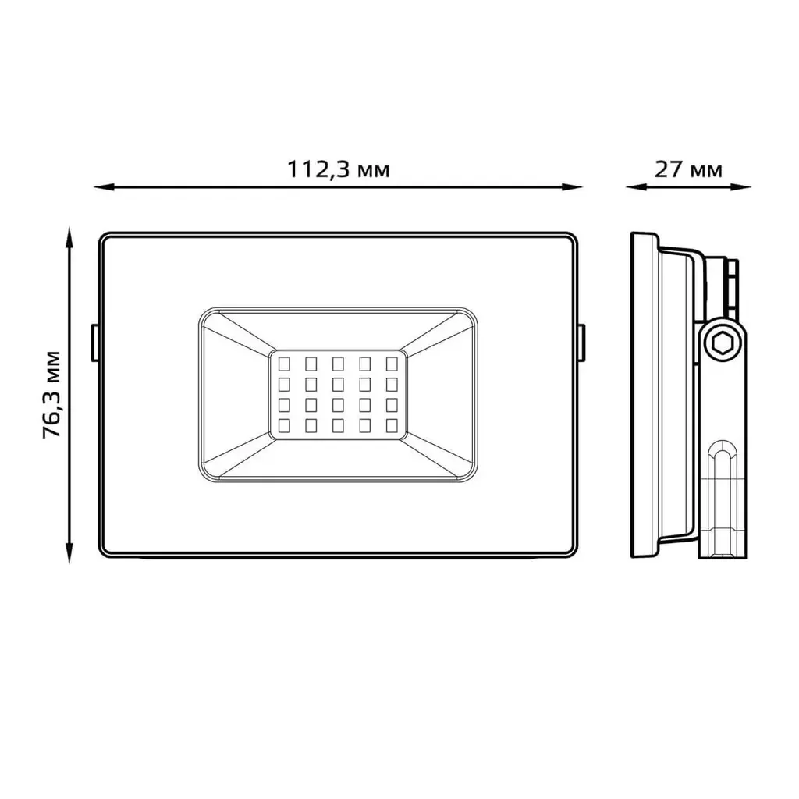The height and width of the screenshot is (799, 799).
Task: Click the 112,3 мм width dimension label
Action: pos(339,169)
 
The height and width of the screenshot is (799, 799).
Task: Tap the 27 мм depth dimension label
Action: pos(688,169)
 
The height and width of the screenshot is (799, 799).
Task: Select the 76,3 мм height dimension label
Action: pos(52,394)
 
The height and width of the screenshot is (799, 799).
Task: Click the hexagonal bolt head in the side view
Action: pos(722,344)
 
